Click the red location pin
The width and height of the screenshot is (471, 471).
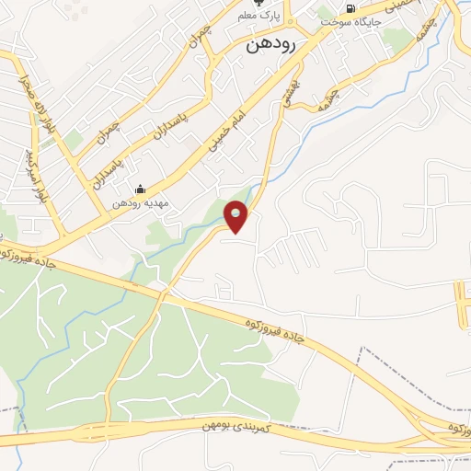click(237, 217)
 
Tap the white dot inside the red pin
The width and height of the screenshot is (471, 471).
click(237, 213)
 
